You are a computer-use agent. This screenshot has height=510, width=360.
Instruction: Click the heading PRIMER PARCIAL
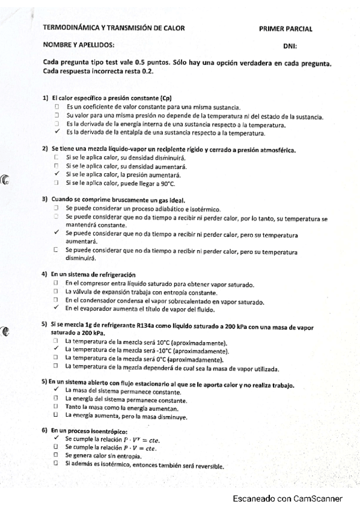click(285, 28)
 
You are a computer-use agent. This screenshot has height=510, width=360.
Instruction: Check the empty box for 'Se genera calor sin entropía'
click(55, 456)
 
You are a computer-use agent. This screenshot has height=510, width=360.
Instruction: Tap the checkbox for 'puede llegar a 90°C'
click(55, 182)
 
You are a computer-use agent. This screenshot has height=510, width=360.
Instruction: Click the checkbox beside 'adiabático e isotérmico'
click(55, 207)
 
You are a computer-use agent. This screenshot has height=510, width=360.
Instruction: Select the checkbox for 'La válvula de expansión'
click(55, 291)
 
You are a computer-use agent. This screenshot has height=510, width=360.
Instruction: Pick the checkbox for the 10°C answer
click(55, 341)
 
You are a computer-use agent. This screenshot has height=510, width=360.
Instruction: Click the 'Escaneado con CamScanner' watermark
click(288, 499)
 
